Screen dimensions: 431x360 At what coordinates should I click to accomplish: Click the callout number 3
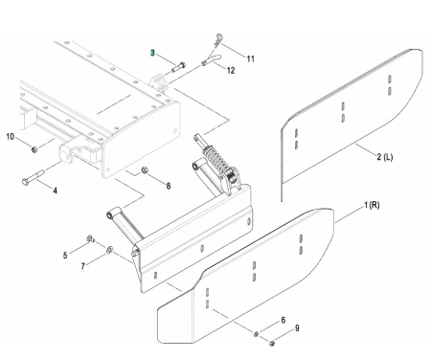tap(152, 53)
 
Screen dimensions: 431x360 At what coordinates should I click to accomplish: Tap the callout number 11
tap(251, 58)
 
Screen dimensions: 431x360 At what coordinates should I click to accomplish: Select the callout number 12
tap(231, 70)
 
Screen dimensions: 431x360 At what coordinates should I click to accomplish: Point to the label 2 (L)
tap(384, 157)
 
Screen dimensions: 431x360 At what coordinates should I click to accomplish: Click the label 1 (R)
tap(372, 205)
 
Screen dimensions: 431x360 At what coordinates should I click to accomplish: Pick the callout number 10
tap(11, 137)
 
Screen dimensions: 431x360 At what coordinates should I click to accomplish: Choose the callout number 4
tap(55, 191)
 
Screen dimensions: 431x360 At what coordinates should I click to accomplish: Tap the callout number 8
tap(169, 186)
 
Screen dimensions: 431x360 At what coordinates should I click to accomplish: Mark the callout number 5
tap(65, 256)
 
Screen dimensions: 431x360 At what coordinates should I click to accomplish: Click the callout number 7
tap(83, 266)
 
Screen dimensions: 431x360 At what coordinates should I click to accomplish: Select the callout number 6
tap(283, 320)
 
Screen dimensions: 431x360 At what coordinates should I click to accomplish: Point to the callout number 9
tap(297, 328)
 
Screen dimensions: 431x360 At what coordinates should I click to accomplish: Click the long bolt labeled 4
tap(34, 178)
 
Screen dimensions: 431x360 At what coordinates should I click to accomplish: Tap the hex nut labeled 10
tap(34, 149)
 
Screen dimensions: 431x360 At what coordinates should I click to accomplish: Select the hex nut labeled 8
tap(144, 169)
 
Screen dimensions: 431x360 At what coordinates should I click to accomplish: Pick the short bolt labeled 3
tap(179, 67)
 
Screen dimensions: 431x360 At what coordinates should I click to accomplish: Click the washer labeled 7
tap(109, 250)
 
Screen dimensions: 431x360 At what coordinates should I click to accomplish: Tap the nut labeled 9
tap(272, 343)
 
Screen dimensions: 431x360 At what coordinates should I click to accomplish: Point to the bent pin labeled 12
tap(211, 59)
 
